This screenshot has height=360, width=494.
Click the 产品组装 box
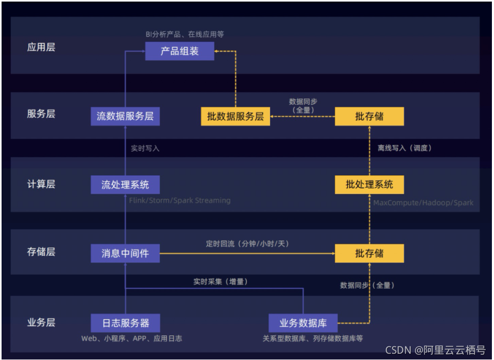point(179,52)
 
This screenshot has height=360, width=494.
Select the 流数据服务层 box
point(125,116)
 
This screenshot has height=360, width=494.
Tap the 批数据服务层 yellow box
point(235,116)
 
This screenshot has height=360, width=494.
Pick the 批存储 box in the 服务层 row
point(369,116)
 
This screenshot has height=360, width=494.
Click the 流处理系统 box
point(125,185)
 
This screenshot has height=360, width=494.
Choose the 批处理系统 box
point(369,185)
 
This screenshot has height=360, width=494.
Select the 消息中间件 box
point(125,253)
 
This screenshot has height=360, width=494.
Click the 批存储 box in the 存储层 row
point(369,253)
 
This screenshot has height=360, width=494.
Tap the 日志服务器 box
point(125,322)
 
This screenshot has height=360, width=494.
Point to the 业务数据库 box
point(304,322)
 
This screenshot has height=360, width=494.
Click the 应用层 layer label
point(41,48)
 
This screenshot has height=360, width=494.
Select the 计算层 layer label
point(41,184)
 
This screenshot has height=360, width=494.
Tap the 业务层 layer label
point(41,322)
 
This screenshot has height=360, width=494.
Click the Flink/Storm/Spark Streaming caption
point(179,200)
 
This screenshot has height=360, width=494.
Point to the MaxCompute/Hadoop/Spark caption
point(423,203)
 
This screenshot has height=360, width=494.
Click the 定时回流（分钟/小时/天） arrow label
point(247,244)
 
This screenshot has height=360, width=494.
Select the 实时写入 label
point(145,149)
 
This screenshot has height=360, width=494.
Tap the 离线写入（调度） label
point(405,149)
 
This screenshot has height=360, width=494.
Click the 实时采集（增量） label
point(220,282)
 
